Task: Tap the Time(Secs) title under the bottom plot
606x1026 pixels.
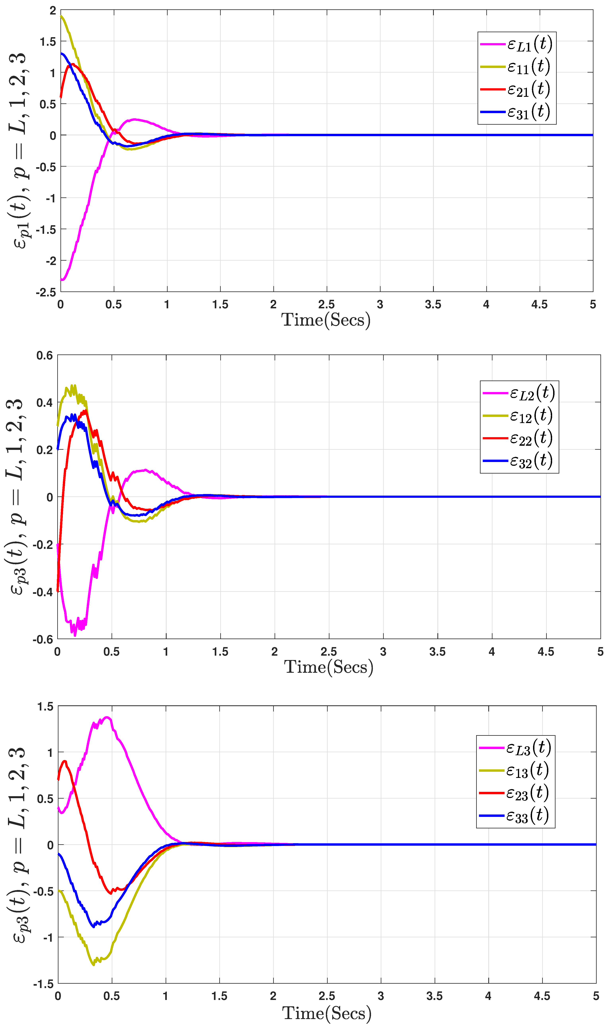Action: (327, 1014)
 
